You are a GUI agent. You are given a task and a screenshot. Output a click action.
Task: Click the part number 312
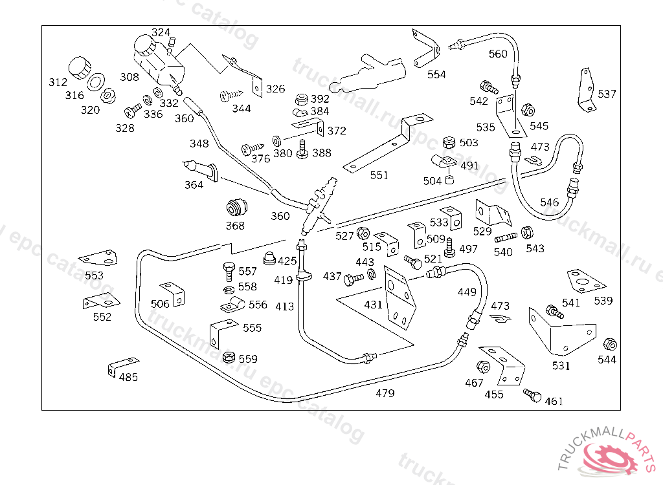[58, 82]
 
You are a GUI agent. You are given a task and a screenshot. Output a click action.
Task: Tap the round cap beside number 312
[79, 67]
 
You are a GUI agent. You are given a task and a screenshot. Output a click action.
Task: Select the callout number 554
[436, 74]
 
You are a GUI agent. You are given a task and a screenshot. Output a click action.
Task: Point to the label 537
[607, 94]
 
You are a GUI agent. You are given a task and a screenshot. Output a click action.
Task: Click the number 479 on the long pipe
[385, 393]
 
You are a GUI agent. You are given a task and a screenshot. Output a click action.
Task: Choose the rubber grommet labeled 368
[236, 207]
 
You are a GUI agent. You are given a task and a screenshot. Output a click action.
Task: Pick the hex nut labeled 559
[229, 357]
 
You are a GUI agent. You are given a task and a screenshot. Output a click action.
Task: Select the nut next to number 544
[609, 344]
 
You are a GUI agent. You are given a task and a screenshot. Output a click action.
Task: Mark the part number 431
[373, 304]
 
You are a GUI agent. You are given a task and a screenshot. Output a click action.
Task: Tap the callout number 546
[549, 202]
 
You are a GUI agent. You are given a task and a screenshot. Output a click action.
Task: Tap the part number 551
[379, 175]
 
